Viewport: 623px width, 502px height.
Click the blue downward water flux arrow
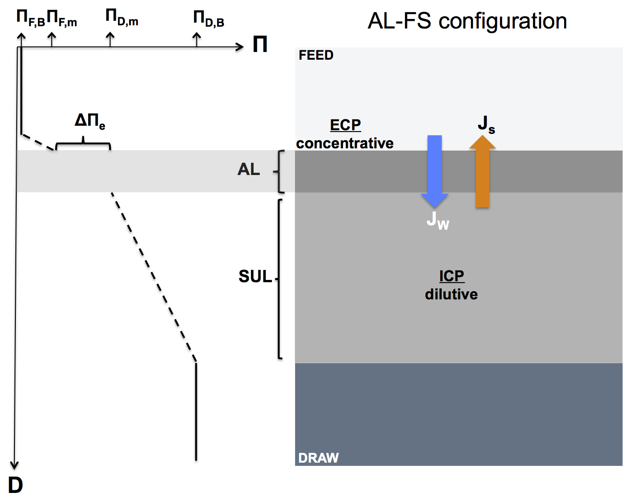[x=434, y=171]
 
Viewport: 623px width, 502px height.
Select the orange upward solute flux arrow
[x=482, y=171]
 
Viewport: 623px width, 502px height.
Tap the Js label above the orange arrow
[x=486, y=125]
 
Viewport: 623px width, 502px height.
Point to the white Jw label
[x=438, y=221]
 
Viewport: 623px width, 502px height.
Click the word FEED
[x=316, y=55]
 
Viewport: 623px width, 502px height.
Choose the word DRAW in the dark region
[x=319, y=458]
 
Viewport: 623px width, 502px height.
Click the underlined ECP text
[x=345, y=125]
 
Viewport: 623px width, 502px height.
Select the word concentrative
[x=345, y=143]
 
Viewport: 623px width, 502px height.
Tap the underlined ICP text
[x=452, y=276]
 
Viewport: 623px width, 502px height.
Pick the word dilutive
[x=452, y=294]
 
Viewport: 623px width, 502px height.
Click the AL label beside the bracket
[x=248, y=169]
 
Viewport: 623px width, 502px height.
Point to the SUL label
[x=255, y=276]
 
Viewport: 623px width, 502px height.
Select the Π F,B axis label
[x=31, y=18]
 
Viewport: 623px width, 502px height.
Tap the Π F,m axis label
[x=62, y=18]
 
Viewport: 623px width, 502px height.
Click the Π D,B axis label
[x=209, y=19]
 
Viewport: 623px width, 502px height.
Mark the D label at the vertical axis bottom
[x=15, y=485]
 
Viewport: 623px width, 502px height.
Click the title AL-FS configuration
[x=467, y=21]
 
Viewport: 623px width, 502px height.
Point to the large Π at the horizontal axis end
[x=260, y=44]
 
